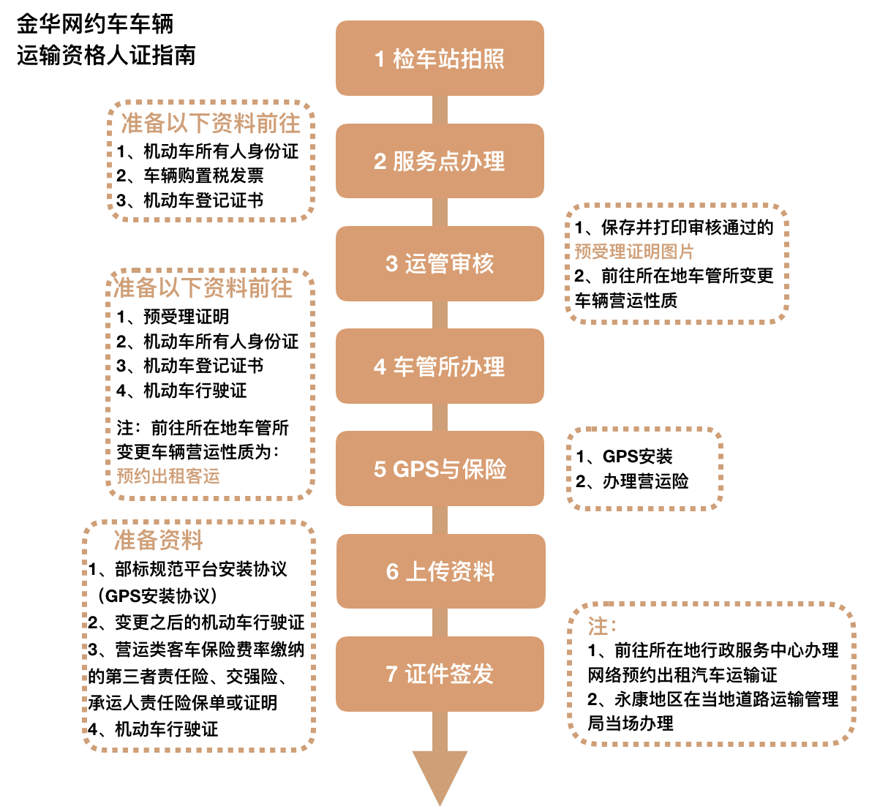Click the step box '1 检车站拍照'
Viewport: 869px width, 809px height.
point(440,59)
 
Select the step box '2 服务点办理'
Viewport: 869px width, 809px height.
point(440,161)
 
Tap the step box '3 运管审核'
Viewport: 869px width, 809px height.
point(440,263)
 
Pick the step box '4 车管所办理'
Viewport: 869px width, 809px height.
point(440,366)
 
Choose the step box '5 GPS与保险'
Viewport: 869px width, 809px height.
point(440,469)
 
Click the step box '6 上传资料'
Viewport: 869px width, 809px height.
point(440,571)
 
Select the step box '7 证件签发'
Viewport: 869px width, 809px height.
point(440,674)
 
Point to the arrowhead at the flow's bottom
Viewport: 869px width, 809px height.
point(440,775)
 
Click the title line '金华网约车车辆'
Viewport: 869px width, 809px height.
point(95,24)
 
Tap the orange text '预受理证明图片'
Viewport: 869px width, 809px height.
point(634,252)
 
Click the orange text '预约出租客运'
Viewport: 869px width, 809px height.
point(168,477)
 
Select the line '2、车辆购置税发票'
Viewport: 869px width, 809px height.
point(190,176)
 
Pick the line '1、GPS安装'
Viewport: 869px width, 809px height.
point(624,456)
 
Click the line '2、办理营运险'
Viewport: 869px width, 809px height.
point(632,481)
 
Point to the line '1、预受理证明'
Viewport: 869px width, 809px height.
point(173,317)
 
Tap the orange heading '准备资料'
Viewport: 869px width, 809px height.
point(158,540)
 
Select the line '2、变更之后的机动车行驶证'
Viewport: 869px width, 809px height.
point(196,622)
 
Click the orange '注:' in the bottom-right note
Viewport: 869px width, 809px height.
point(602,626)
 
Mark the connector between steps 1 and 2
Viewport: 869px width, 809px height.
point(440,110)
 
